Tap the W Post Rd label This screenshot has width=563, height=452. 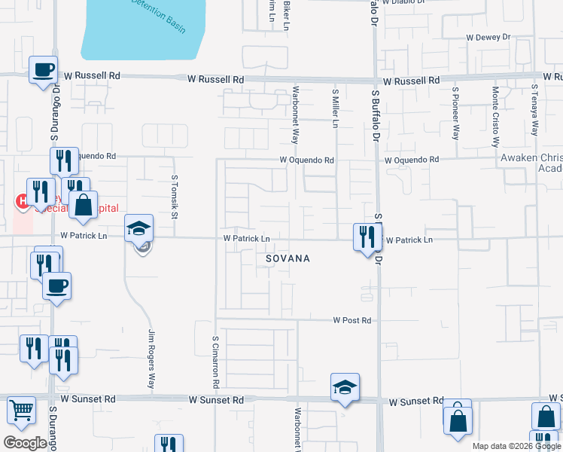pyautogui.click(x=352, y=320)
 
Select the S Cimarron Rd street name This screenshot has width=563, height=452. pyautogui.click(x=216, y=362)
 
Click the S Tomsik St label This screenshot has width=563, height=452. pyautogui.click(x=174, y=197)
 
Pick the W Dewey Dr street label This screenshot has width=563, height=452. pyautogui.click(x=488, y=36)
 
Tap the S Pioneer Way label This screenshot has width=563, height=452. pyautogui.click(x=455, y=113)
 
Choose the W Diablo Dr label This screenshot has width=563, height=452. pyautogui.click(x=407, y=2)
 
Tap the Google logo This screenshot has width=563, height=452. pyautogui.click(x=25, y=442)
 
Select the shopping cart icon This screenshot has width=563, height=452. pyautogui.click(x=21, y=411)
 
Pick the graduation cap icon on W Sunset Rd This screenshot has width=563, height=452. pyautogui.click(x=345, y=387)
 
